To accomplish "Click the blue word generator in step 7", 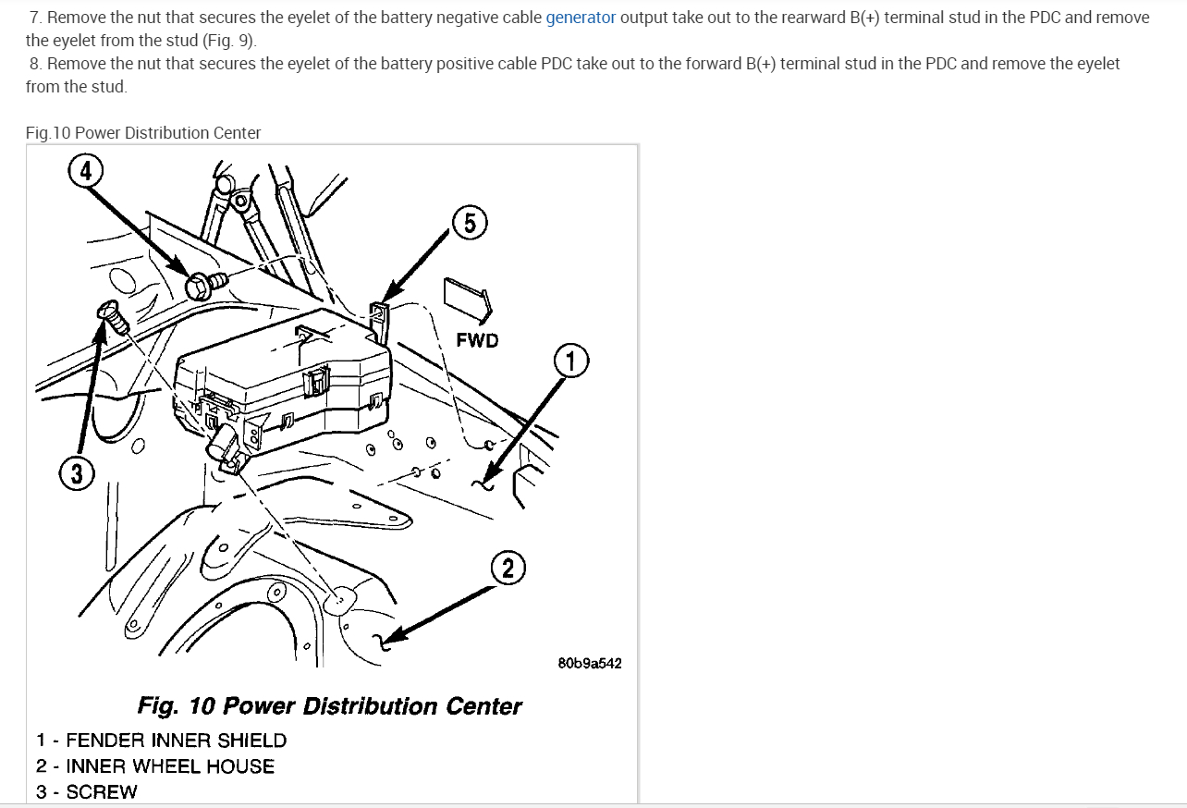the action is coord(581,18).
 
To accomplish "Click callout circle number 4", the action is coord(85,170).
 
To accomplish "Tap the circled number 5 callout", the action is coord(470,223).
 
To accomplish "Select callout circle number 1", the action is coord(570,361).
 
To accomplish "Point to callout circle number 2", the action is coord(508,568).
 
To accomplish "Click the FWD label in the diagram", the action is coord(477,340).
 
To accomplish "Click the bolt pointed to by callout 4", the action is coord(203,284).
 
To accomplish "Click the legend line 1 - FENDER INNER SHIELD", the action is coord(162,741).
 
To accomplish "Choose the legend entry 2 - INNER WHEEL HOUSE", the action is coord(155,766).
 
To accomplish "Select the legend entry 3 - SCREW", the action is coord(87,792).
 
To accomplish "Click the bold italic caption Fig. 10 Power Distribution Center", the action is coord(329,706).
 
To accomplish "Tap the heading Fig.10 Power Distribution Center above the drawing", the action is coord(143,133).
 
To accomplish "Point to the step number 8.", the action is coord(35,64).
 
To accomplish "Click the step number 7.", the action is coord(35,18).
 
